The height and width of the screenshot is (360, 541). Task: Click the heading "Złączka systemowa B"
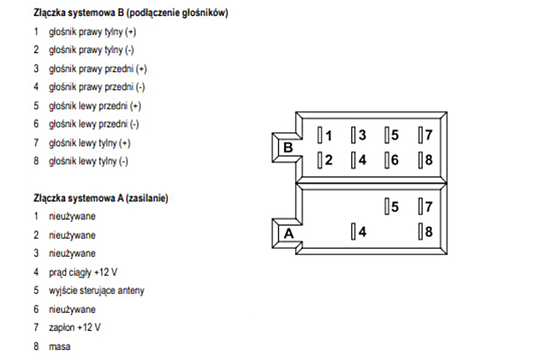(x=130, y=13)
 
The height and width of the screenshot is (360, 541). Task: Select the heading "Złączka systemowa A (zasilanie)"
(x=101, y=198)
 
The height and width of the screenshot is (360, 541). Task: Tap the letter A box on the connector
(x=289, y=234)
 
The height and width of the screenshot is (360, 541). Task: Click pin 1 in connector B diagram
(x=325, y=136)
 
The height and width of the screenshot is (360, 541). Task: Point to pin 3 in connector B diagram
(x=359, y=135)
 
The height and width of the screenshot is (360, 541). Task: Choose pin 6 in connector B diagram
(x=392, y=160)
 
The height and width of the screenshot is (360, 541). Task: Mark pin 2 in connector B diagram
(x=325, y=160)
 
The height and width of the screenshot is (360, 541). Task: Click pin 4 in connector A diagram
(x=359, y=231)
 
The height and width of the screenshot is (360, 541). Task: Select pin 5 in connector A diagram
(x=392, y=207)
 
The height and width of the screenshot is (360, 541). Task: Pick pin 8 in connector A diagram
(x=426, y=231)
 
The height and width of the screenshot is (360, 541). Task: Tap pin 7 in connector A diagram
(x=426, y=207)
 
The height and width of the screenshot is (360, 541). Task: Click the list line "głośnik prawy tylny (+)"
(x=88, y=31)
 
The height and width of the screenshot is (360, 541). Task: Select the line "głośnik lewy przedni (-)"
(x=93, y=124)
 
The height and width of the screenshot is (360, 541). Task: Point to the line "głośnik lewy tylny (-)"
(x=88, y=161)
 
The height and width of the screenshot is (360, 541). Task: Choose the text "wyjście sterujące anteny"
(x=96, y=291)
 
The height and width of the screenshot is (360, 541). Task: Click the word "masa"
(x=60, y=347)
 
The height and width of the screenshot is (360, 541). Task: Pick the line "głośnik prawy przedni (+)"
(x=97, y=69)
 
